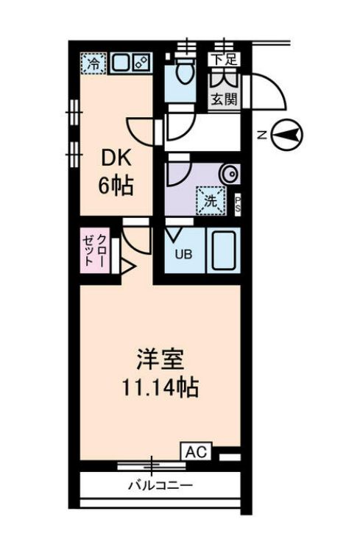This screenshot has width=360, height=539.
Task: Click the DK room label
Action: point(116,158)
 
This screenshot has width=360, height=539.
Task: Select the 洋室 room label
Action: point(158,360)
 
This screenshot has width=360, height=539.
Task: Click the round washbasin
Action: point(230,174)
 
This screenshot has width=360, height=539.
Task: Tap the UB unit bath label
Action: point(182,255)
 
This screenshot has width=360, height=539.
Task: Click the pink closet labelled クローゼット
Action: point(95,250)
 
